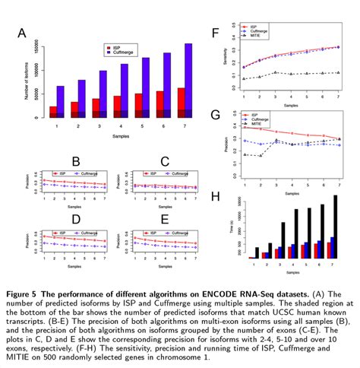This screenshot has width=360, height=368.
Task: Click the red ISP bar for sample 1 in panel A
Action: point(53,112)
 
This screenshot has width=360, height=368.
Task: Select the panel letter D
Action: point(75,220)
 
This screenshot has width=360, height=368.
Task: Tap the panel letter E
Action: point(165,220)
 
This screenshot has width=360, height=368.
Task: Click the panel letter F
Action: point(216,33)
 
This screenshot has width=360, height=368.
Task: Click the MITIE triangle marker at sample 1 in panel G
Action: point(245,154)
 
